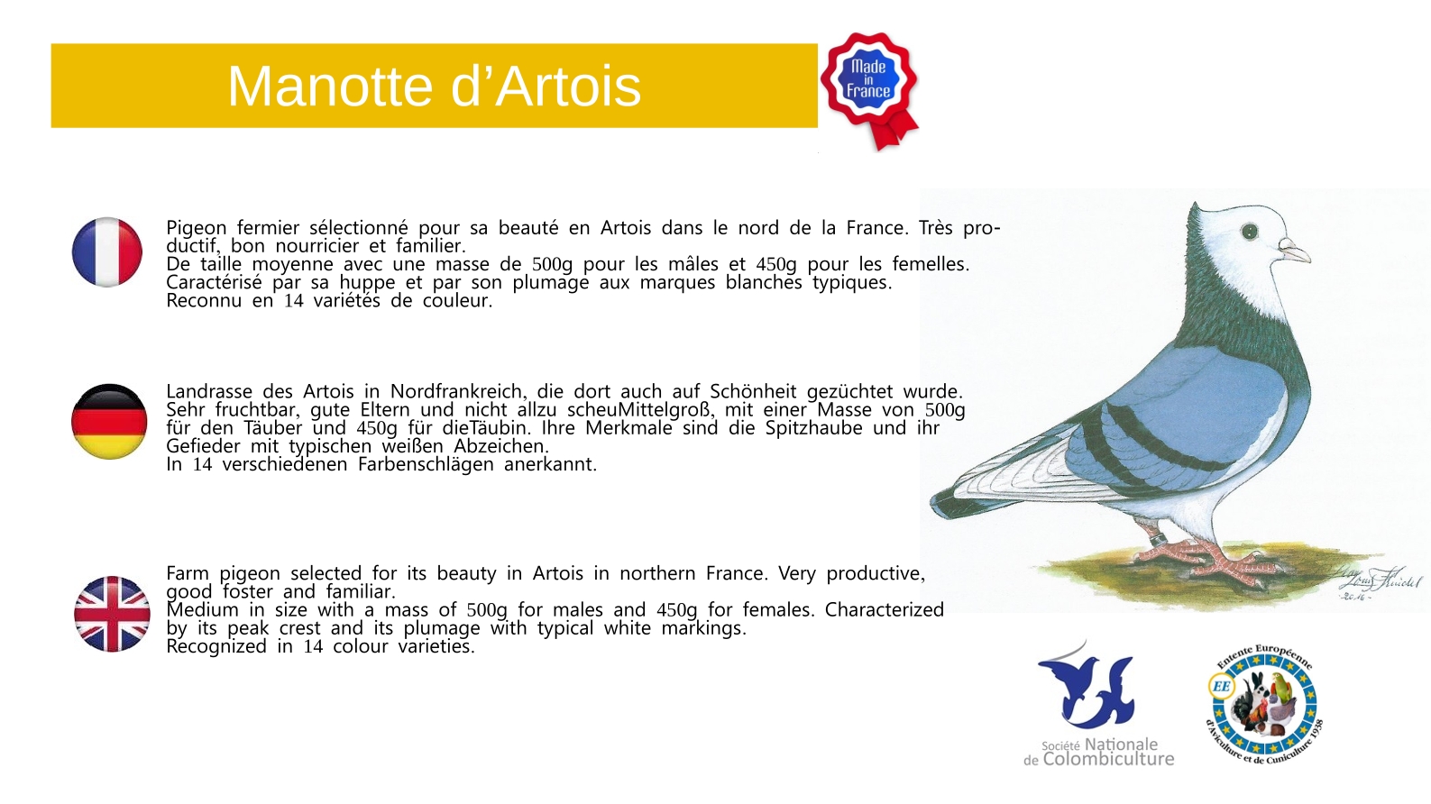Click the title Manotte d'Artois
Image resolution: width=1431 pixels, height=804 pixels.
[434, 87]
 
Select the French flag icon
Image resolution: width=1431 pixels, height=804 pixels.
[106, 251]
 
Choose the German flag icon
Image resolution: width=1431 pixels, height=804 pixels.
[109, 422]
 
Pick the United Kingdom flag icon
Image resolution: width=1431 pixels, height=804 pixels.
[112, 614]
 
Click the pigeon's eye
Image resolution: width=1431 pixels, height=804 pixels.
[1250, 231]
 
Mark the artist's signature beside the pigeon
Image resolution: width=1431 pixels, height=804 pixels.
[1380, 584]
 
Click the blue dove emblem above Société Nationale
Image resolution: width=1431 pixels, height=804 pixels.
[1086, 687]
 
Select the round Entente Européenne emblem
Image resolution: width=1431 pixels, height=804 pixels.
[1264, 704]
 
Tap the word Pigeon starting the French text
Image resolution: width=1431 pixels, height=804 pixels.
[197, 229]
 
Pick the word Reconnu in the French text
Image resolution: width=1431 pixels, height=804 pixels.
[204, 300]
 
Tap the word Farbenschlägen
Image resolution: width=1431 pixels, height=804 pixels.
[426, 464]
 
